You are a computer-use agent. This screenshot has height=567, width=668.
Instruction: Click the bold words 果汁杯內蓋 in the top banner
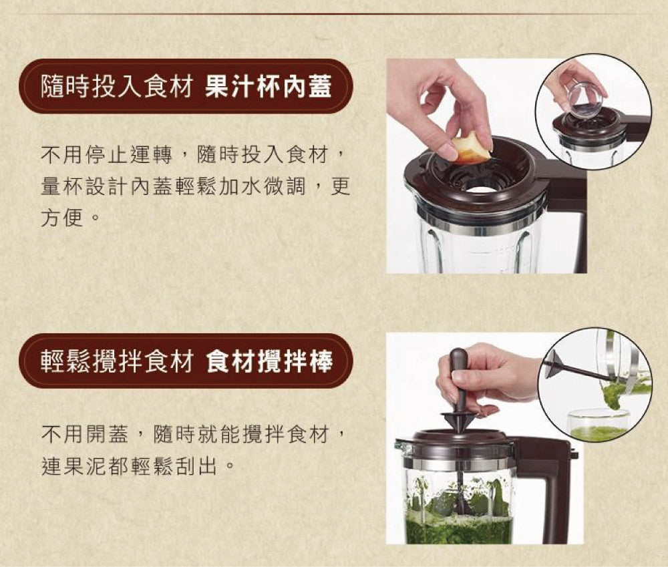pos(268,87)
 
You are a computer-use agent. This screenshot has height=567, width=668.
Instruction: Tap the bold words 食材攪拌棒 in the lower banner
pos(269,361)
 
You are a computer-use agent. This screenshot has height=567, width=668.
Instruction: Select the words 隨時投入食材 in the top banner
pos(116,87)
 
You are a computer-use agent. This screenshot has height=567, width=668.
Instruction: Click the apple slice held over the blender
pos(470,148)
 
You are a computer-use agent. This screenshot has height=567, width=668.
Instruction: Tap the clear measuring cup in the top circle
pos(587,100)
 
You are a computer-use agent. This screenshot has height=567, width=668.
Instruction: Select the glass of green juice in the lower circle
pos(599,425)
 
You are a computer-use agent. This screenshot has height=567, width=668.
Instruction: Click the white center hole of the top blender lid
pos(480,190)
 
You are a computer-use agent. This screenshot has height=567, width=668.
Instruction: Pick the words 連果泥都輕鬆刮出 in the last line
pos(130,466)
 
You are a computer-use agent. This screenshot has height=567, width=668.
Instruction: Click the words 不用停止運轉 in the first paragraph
pos(106,154)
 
